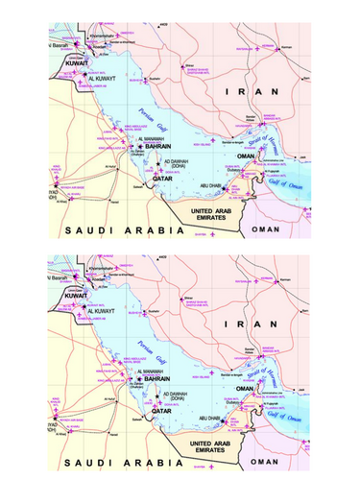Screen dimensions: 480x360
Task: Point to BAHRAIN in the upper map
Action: [x=154, y=146]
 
